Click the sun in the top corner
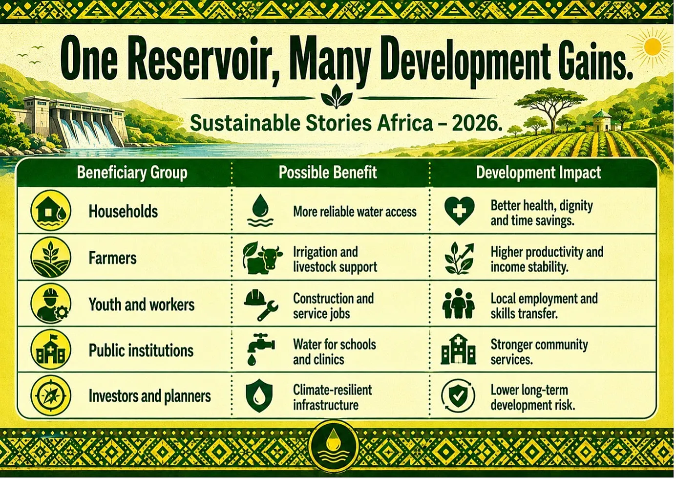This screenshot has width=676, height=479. point(653,47)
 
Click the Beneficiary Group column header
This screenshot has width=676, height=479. point(132,173)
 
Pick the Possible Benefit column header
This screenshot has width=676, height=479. point(328,173)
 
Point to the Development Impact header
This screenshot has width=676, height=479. point(538,173)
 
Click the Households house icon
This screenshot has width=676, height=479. point(51,210)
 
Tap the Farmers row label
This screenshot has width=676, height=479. point(112,258)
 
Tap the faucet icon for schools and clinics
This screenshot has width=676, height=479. point(260,349)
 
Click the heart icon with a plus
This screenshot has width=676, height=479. point(460,211)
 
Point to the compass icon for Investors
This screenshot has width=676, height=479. point(51,395)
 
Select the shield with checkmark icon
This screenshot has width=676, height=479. point(458,395)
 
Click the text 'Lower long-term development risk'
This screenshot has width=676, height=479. point(533,397)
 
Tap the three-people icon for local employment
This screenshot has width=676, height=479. point(459,303)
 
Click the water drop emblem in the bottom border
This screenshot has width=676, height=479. point(334,445)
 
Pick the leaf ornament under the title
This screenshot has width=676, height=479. point(337,96)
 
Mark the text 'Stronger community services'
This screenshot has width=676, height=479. point(539,351)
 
